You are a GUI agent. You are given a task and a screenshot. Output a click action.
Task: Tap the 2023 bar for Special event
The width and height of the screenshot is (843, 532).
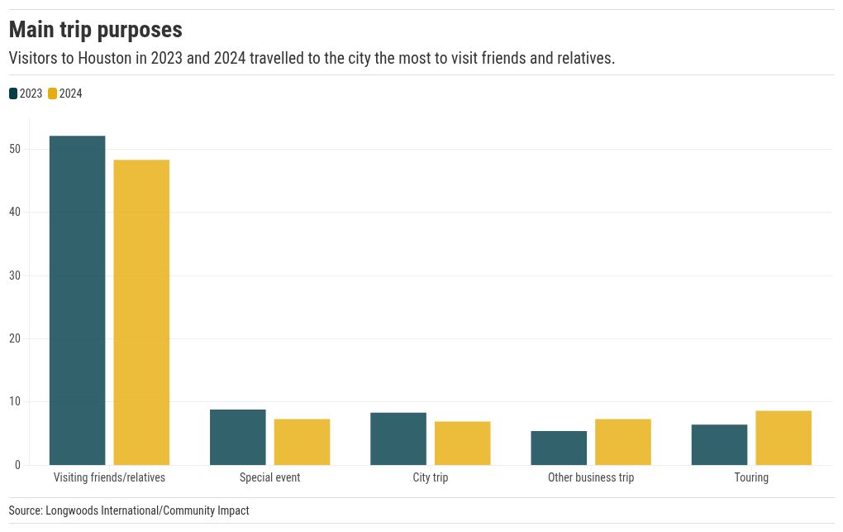click(x=238, y=437)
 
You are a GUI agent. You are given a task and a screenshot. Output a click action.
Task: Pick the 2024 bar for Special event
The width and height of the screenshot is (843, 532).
click(x=302, y=442)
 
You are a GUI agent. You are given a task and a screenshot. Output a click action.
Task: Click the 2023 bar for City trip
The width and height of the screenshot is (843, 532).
click(x=398, y=439)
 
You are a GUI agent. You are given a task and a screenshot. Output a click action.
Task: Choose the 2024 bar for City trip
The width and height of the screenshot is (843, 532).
click(x=462, y=443)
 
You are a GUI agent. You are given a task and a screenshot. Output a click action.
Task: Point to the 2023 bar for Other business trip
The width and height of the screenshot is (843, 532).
click(x=559, y=448)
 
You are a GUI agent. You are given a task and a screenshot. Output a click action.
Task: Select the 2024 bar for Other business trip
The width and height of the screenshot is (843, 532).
click(x=622, y=442)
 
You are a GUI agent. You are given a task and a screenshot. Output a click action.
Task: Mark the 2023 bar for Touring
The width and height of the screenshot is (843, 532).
click(x=719, y=444)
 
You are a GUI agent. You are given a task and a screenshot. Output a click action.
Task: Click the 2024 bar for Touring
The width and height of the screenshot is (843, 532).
click(x=783, y=438)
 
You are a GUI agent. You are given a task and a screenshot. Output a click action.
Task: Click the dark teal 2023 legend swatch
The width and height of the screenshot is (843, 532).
click(x=13, y=93)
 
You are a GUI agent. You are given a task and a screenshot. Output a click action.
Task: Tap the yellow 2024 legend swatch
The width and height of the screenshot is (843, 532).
click(x=53, y=93)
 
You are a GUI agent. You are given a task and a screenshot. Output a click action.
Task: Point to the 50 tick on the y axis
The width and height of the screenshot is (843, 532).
click(x=15, y=149)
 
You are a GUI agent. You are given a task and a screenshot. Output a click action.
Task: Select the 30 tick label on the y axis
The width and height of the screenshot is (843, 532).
click(x=15, y=276)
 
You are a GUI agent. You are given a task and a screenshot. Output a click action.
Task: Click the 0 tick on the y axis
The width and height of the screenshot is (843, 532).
click(x=17, y=465)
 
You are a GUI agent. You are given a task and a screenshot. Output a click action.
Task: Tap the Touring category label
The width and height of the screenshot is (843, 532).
click(x=751, y=477)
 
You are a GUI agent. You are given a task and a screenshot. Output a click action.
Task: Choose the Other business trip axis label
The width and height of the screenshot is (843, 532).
click(x=591, y=477)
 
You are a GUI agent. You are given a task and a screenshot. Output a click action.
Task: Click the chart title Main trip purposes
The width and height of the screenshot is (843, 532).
click(x=95, y=30)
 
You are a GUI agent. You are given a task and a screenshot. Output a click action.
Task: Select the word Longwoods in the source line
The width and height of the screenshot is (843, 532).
click(x=71, y=510)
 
